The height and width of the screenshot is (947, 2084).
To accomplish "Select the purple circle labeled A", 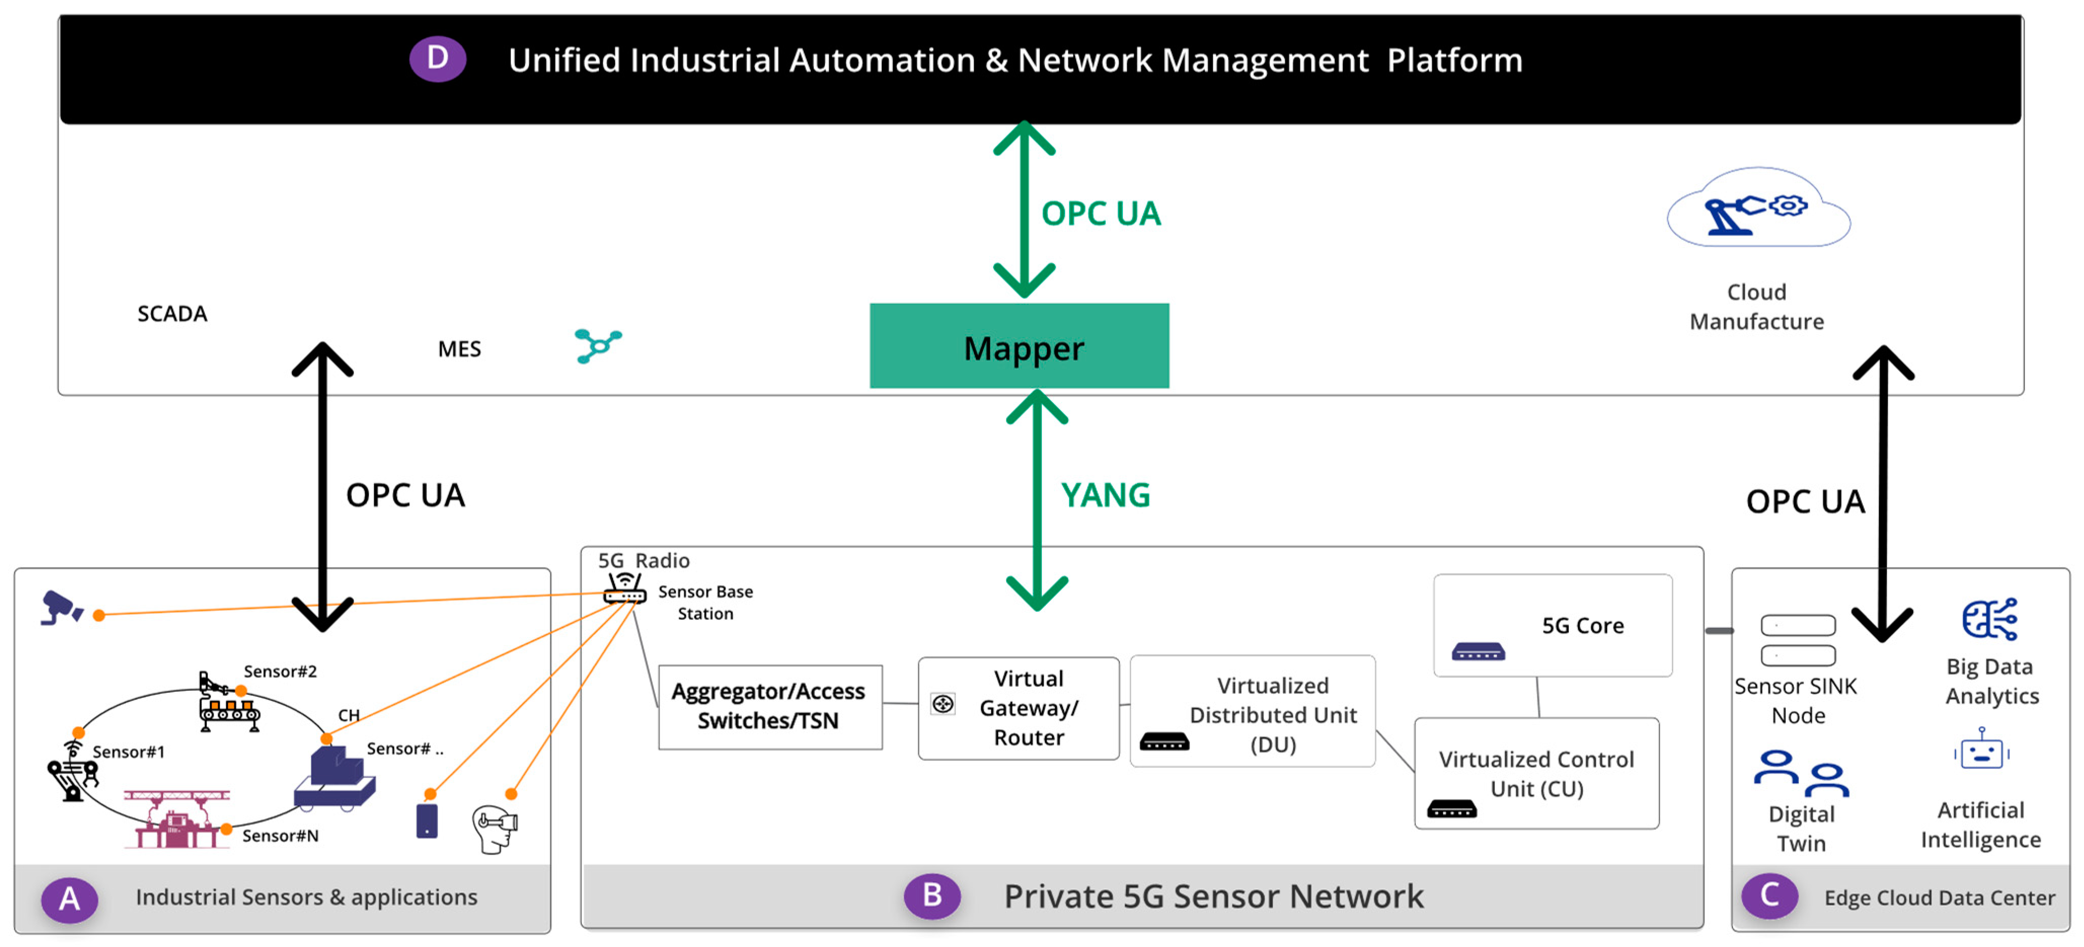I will point(69,898).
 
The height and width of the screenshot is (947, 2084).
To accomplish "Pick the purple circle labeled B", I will point(932,895).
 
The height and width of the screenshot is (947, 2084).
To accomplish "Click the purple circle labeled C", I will point(1769,895).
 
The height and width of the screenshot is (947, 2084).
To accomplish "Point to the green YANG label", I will point(1105,495).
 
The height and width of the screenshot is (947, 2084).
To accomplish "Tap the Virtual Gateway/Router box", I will point(1018,707).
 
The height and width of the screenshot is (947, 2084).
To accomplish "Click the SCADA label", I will point(172,314).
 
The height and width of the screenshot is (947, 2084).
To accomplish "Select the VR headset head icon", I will point(495,828).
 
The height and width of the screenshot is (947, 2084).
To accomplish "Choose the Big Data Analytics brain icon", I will point(1989,619).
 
